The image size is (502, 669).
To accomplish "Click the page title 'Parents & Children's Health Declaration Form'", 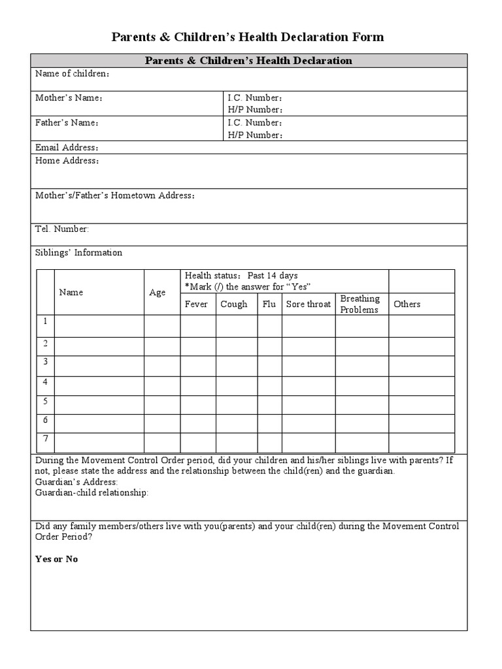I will pyautogui.click(x=248, y=37).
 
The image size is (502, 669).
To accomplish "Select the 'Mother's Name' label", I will pyautogui.click(x=69, y=98).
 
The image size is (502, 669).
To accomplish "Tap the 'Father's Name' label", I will pyautogui.click(x=67, y=123).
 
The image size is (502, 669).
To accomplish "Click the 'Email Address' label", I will pyautogui.click(x=67, y=148).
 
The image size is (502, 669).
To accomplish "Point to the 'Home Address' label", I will pyautogui.click(x=67, y=161).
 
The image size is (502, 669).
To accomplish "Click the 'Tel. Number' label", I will pyautogui.click(x=62, y=229).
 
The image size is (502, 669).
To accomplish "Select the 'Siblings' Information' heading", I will pyautogui.click(x=78, y=253).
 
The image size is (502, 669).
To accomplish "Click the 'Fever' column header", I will pyautogui.click(x=196, y=304).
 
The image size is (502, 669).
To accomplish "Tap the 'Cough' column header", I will pyautogui.click(x=234, y=304).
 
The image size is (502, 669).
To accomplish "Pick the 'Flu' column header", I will pyautogui.click(x=269, y=304).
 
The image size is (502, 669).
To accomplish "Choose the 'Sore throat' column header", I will pyautogui.click(x=309, y=304).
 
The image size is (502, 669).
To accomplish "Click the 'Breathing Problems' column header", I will pyautogui.click(x=360, y=304).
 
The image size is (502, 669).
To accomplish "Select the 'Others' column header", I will pyautogui.click(x=407, y=304).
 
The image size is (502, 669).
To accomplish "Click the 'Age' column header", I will pyautogui.click(x=158, y=293).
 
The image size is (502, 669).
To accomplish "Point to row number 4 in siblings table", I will pyautogui.click(x=45, y=382).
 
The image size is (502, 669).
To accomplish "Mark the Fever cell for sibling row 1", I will pyautogui.click(x=197, y=326).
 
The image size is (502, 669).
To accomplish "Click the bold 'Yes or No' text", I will pyautogui.click(x=56, y=559).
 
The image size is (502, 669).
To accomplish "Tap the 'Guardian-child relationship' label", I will pyautogui.click(x=92, y=493).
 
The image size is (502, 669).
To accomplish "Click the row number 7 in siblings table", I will pyautogui.click(x=45, y=438).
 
